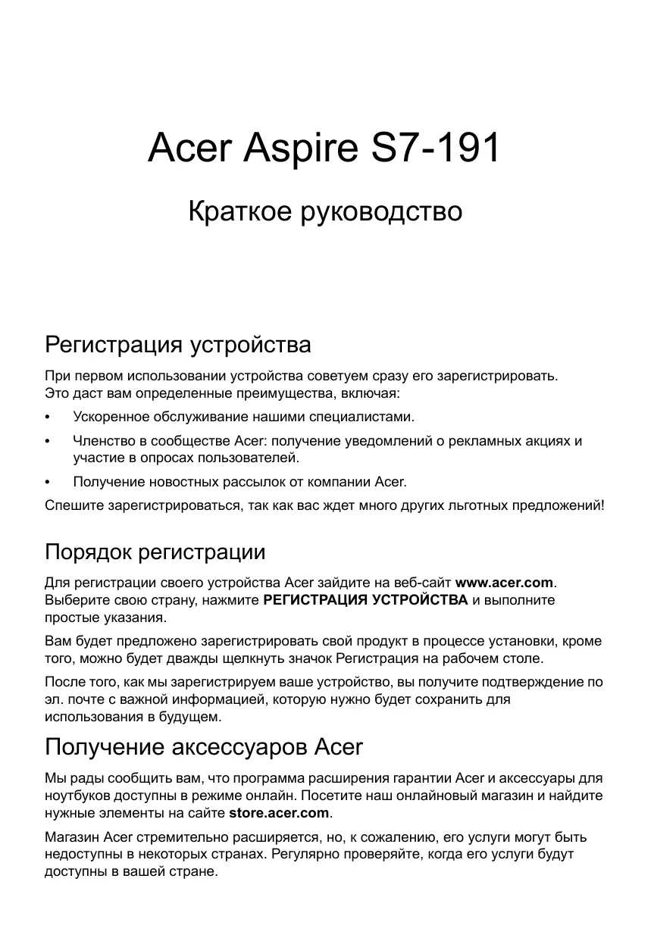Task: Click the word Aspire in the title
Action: point(299,149)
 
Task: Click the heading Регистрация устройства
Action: point(178,345)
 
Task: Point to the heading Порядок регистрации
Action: point(155,552)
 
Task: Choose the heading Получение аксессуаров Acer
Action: point(204,747)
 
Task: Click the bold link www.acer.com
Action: point(505,583)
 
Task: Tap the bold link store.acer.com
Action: point(279,813)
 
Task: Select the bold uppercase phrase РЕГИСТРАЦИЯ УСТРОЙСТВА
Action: point(365,600)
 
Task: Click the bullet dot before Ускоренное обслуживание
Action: point(49,417)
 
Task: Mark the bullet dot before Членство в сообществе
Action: point(49,441)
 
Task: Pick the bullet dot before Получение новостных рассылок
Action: point(49,482)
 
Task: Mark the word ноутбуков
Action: point(80,796)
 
